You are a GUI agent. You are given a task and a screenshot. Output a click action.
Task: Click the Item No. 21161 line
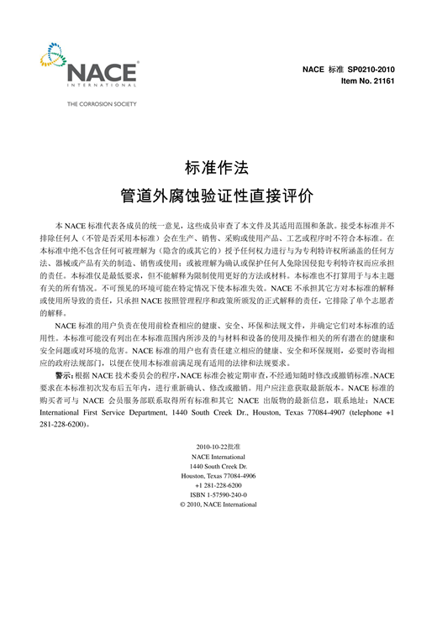(367, 80)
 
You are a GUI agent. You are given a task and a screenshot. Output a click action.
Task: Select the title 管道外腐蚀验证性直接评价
(218, 196)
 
